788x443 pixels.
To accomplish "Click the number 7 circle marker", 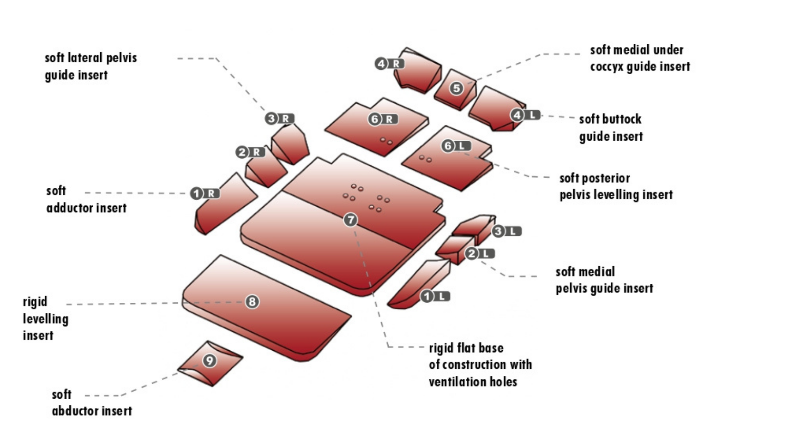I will pyautogui.click(x=350, y=220).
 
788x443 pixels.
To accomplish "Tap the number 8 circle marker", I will pyautogui.click(x=252, y=302).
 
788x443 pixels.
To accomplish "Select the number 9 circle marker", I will pyautogui.click(x=210, y=361).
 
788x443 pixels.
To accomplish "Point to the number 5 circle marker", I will pyautogui.click(x=456, y=88).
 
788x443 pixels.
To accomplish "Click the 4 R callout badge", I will pyautogui.click(x=389, y=64).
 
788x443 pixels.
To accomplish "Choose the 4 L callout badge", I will pyautogui.click(x=525, y=115).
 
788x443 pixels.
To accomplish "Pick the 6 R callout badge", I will pyautogui.click(x=383, y=119).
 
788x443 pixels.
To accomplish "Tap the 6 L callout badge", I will pyautogui.click(x=456, y=146).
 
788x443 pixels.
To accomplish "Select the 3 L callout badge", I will pyautogui.click(x=506, y=231).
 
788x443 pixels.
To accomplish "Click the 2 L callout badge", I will pyautogui.click(x=479, y=253).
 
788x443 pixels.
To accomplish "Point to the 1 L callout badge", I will pyautogui.click(x=435, y=296).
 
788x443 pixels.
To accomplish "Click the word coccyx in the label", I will pyautogui.click(x=606, y=67).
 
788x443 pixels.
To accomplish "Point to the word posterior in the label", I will pyautogui.click(x=605, y=178).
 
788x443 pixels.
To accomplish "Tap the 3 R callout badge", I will pyautogui.click(x=279, y=119).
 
